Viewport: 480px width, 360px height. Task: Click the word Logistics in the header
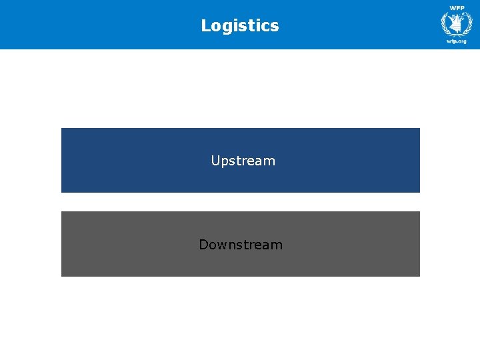pyautogui.click(x=240, y=26)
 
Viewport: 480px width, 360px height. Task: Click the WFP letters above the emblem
pyautogui.click(x=457, y=8)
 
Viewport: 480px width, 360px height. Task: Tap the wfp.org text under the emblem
pyautogui.click(x=457, y=41)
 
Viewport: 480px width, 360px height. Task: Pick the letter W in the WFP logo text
pyautogui.click(x=452, y=8)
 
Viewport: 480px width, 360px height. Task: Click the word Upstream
pyautogui.click(x=243, y=161)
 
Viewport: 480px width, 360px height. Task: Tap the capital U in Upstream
pyautogui.click(x=215, y=161)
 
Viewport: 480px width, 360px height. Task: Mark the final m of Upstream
pyautogui.click(x=269, y=161)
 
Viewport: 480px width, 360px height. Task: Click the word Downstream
pyautogui.click(x=241, y=245)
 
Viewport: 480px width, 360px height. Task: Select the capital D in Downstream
pyautogui.click(x=203, y=245)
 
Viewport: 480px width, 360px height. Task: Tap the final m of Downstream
pyautogui.click(x=277, y=245)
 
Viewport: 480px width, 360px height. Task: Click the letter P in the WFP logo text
pyautogui.click(x=462, y=8)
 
